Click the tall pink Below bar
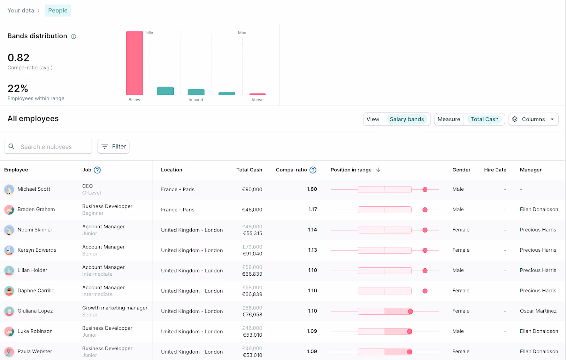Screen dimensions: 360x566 point(134,63)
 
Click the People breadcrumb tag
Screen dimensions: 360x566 point(58,11)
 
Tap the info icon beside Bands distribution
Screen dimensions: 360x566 point(74,36)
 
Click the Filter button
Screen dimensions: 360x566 point(113,147)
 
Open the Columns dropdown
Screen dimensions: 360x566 point(533,119)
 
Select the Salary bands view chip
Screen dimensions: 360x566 point(406,119)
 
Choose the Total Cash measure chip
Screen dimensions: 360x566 point(484,119)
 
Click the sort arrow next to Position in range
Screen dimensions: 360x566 point(378,170)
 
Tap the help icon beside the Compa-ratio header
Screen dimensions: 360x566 point(313,170)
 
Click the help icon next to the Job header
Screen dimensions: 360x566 point(97,170)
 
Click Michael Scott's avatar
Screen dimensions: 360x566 point(9,189)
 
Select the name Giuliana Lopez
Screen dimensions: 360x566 point(35,311)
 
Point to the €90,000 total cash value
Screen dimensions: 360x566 point(252,189)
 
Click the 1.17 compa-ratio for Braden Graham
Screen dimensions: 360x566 point(312,210)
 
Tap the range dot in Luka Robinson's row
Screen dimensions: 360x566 point(409,332)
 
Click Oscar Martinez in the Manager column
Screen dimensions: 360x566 point(538,311)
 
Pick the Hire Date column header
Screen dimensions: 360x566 point(495,170)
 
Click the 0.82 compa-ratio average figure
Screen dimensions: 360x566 point(18,58)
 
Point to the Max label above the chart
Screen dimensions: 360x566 point(242,33)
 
